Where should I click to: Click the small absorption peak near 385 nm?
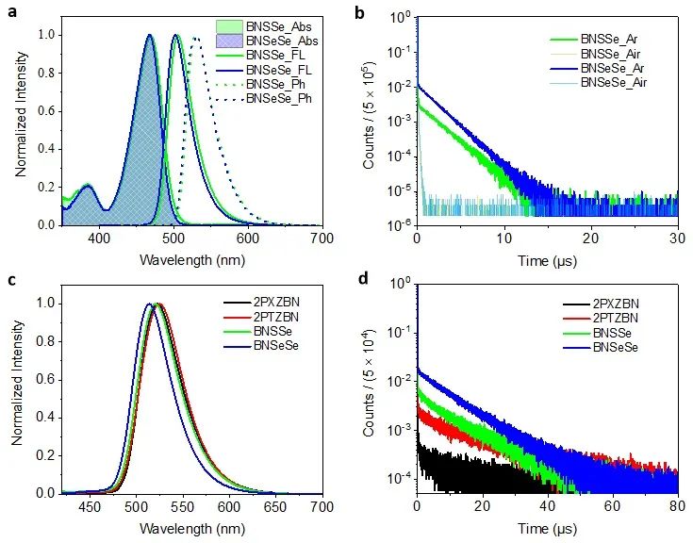(x=88, y=186)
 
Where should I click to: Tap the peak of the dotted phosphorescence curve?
(x=195, y=39)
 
